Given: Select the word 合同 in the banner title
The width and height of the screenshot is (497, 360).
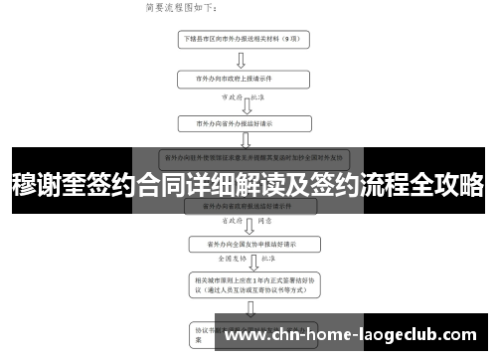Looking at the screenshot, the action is pyautogui.click(x=159, y=185).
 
